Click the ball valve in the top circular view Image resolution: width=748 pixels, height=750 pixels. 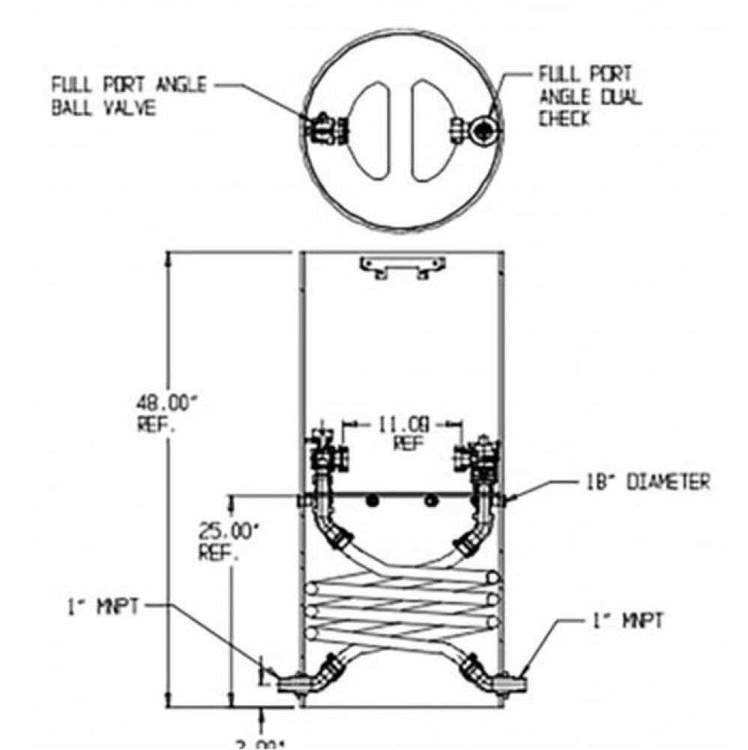[x=324, y=128]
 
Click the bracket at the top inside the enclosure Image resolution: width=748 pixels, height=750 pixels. [x=402, y=266]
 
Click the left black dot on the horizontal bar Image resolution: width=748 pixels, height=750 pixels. [x=370, y=502]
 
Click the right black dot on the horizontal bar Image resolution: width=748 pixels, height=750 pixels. [x=429, y=501]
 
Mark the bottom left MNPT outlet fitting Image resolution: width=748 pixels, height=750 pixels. [x=289, y=683]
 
